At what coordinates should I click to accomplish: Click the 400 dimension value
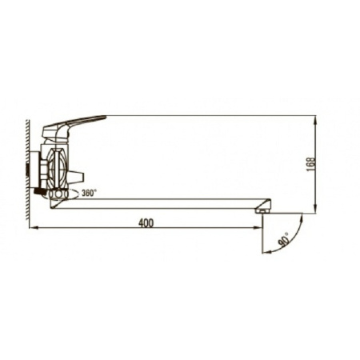pos(146,223)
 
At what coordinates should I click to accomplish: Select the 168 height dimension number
pos(311,164)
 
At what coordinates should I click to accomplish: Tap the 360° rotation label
pos(89,193)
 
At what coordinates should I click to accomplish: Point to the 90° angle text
pos(283,238)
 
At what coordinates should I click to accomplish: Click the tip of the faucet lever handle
pos(106,116)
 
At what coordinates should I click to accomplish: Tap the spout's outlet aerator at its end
pos(262,210)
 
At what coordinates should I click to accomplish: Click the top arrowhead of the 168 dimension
pos(315,119)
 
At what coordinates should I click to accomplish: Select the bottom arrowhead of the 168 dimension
pos(315,210)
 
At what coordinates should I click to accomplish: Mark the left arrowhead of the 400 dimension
pos(33,227)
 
